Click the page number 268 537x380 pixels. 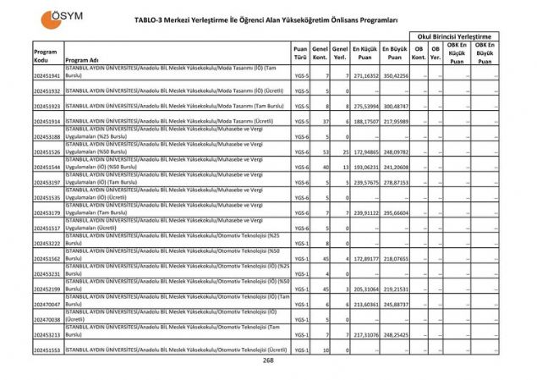268,360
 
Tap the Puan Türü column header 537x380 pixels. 299,55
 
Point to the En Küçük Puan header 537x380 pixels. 364,55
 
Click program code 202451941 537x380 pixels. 47,76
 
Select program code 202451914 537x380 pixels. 47,122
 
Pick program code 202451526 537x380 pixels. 47,152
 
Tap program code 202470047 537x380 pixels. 47,304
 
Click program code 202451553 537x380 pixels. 47,350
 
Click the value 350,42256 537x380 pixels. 395,76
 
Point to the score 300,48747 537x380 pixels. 395,107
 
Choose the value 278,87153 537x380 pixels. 395,183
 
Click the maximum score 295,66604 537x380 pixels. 395,213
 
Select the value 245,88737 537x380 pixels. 395,304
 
